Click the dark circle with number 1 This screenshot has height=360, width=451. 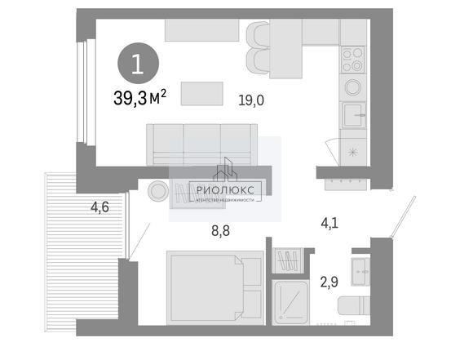coord(138,64)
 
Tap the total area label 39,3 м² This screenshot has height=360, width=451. coord(140,97)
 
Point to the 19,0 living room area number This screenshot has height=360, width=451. coord(251,100)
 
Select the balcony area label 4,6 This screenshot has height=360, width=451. coord(99,207)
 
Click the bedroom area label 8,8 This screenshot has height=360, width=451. coord(220,231)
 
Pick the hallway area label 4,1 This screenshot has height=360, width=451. coord(329,223)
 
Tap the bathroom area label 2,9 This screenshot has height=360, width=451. coord(329,282)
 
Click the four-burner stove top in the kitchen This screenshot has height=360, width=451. coord(353,60)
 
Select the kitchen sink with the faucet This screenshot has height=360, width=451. coord(354,115)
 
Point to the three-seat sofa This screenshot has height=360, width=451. coord(202,144)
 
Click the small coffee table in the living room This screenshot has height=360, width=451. coord(202,94)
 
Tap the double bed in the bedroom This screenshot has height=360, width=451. coord(215,288)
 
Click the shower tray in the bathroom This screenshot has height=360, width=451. coord(290,302)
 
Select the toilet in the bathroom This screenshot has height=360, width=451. coord(354,305)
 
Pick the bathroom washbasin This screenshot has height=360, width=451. coord(360,272)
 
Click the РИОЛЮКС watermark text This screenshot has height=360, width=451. coord(225,190)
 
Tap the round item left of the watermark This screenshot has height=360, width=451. coord(158,191)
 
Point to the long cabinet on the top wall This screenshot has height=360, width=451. coord(202,30)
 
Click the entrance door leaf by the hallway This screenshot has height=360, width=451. coord(403,216)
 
